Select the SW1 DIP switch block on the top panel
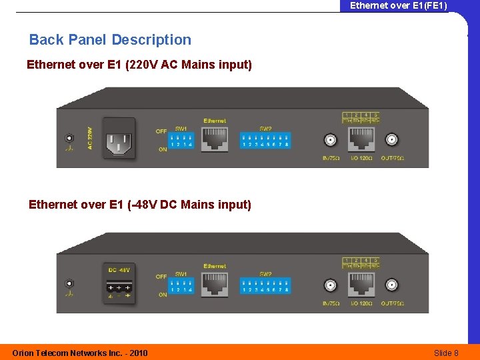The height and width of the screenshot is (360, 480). (x=181, y=140)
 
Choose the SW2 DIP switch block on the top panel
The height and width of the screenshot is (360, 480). (x=265, y=140)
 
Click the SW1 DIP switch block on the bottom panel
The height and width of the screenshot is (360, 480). (x=181, y=286)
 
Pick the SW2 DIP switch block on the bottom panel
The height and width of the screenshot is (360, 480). (x=265, y=286)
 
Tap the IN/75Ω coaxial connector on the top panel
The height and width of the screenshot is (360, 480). (x=330, y=140)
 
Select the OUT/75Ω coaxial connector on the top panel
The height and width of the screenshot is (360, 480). (x=392, y=140)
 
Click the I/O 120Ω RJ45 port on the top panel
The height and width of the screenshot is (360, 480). (x=361, y=139)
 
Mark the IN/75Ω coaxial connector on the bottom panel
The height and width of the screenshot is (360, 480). (x=330, y=285)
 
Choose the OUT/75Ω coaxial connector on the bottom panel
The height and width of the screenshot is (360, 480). (x=392, y=285)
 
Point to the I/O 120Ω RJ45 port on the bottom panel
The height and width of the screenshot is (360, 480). (x=361, y=285)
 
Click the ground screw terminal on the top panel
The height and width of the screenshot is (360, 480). (x=69, y=138)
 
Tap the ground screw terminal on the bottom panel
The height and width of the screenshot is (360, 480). (x=69, y=283)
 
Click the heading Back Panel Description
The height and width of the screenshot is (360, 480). (x=110, y=40)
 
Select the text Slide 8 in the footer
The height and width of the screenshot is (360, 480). (x=446, y=353)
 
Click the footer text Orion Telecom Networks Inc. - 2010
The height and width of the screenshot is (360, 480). (x=80, y=353)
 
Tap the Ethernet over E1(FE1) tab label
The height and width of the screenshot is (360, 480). (x=399, y=6)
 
